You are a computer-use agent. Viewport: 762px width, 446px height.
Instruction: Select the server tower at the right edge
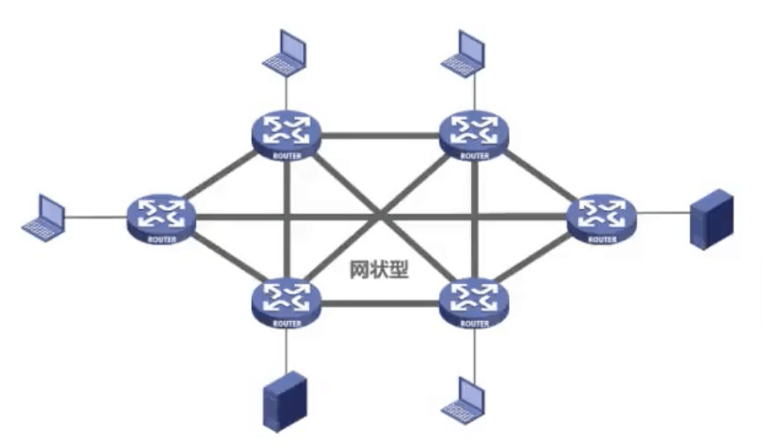coord(713,223)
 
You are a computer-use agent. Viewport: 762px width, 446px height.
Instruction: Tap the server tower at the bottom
coord(286,401)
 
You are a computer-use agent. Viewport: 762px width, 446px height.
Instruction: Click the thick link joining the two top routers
coord(380,135)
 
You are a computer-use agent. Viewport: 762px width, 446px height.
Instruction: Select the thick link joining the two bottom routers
coord(380,303)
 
